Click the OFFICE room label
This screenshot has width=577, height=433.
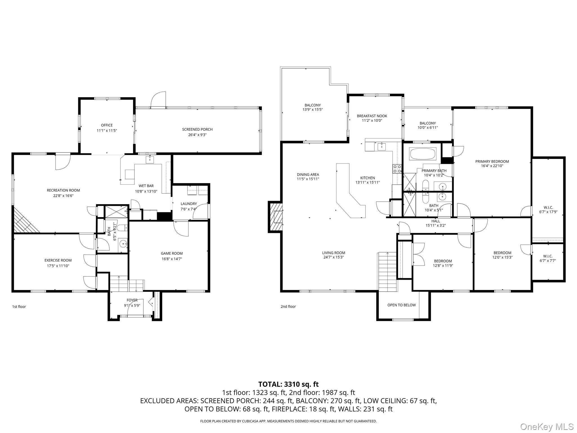click(107, 125)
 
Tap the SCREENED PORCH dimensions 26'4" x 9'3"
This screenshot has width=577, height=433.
click(197, 135)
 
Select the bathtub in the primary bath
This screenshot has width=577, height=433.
click(423, 154)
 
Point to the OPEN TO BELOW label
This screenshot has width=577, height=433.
click(401, 305)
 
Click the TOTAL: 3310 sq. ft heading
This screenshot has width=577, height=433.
click(288, 384)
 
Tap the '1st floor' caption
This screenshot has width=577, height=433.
click(19, 307)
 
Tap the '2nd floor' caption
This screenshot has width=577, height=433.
click(288, 306)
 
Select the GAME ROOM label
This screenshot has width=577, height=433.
click(172, 253)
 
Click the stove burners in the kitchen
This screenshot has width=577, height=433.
click(397, 169)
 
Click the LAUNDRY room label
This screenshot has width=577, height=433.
click(189, 204)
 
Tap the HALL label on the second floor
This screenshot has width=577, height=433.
click(436, 221)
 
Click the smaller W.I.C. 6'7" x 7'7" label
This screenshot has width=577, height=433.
click(548, 256)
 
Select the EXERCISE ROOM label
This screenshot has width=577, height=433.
click(58, 260)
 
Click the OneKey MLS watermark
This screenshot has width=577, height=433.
click(547, 427)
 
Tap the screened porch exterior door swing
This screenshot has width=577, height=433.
click(158, 100)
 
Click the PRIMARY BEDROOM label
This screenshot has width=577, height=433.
click(492, 162)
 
